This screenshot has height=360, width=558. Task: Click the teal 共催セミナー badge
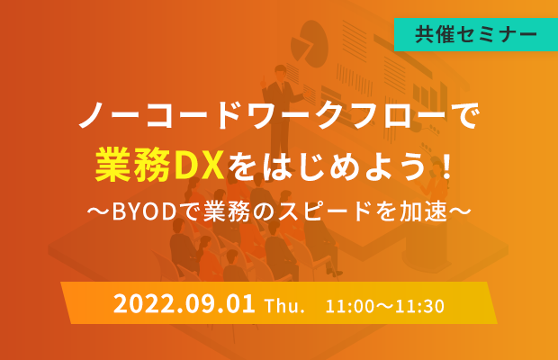click(x=476, y=34)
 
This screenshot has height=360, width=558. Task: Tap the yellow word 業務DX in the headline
click(x=159, y=166)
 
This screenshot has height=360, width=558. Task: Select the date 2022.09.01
click(x=184, y=304)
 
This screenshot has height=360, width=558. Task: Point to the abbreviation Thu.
click(x=284, y=306)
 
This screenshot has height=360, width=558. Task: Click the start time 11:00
click(x=349, y=306)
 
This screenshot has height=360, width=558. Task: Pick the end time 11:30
click(x=420, y=306)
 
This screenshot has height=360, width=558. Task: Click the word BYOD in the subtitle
click(x=145, y=211)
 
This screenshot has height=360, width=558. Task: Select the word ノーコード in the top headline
click(x=161, y=114)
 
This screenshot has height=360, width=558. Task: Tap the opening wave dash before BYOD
click(x=98, y=211)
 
